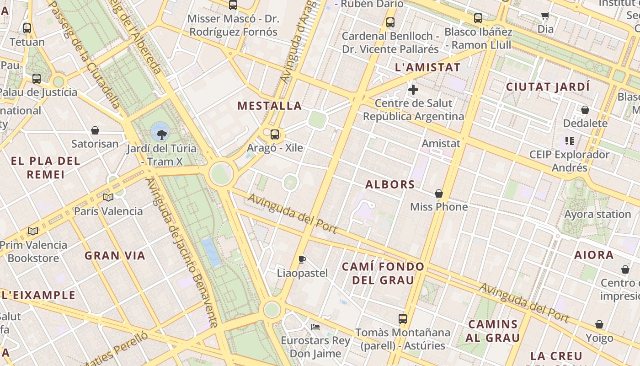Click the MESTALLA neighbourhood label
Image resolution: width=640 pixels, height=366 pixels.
(x=270, y=106)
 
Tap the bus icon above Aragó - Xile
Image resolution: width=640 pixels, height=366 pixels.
(x=274, y=135)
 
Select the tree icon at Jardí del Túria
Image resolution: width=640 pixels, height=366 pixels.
(x=161, y=135)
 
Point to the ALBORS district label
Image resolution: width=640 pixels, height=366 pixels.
(x=390, y=185)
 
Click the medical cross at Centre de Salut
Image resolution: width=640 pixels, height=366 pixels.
(x=413, y=90)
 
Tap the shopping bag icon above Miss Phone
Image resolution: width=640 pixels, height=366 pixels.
(x=439, y=194)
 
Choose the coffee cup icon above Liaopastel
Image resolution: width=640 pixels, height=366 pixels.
(x=302, y=260)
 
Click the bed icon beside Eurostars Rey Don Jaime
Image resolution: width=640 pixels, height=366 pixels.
(x=315, y=327)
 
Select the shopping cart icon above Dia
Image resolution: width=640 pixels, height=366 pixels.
(x=545, y=16)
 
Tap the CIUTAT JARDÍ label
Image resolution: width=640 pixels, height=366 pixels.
(x=548, y=87)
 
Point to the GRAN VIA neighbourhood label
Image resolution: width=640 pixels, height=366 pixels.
(x=115, y=256)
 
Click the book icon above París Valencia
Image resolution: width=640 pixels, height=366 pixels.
(x=108, y=198)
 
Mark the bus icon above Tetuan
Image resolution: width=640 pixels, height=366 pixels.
(x=27, y=28)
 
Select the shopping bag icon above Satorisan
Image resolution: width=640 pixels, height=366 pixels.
(x=95, y=131)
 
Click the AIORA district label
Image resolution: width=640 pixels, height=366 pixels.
(x=594, y=255)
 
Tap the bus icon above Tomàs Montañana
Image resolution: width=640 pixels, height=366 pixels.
(x=402, y=319)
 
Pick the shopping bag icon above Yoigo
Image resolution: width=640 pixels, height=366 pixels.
(x=599, y=325)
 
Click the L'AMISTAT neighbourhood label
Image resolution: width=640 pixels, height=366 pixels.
(x=427, y=67)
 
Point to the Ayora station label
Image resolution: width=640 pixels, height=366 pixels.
(x=597, y=214)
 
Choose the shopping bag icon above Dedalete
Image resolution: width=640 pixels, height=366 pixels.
(x=585, y=110)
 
